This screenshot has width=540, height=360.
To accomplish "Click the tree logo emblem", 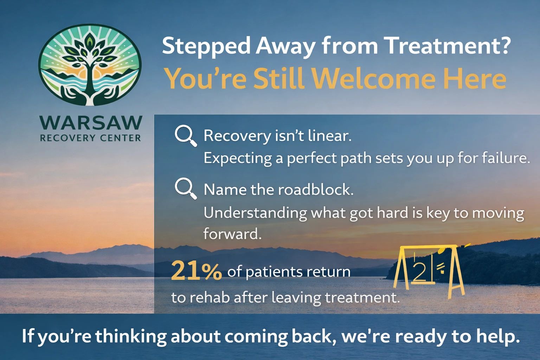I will point(90,65).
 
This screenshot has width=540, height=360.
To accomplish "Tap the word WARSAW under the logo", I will point(91,123).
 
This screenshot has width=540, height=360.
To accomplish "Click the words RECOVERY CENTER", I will point(91,138).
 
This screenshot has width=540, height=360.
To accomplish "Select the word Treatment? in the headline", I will point(446,46).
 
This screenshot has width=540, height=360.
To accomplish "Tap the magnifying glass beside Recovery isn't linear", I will point(185,135).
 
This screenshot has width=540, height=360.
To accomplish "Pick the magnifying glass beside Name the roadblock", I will point(185,188).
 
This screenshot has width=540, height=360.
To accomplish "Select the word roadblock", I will point(315,190).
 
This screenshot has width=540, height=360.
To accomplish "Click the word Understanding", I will point(255,213).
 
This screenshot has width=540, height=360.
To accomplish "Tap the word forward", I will point(232,234).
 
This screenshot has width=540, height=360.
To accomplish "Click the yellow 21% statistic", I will point(196,271).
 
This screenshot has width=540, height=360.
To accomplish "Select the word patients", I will point(274,272).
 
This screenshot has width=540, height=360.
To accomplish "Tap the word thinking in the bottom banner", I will point(131,336).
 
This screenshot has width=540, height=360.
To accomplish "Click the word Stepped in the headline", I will point(206,46).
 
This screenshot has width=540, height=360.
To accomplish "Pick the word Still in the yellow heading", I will point(278,79).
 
